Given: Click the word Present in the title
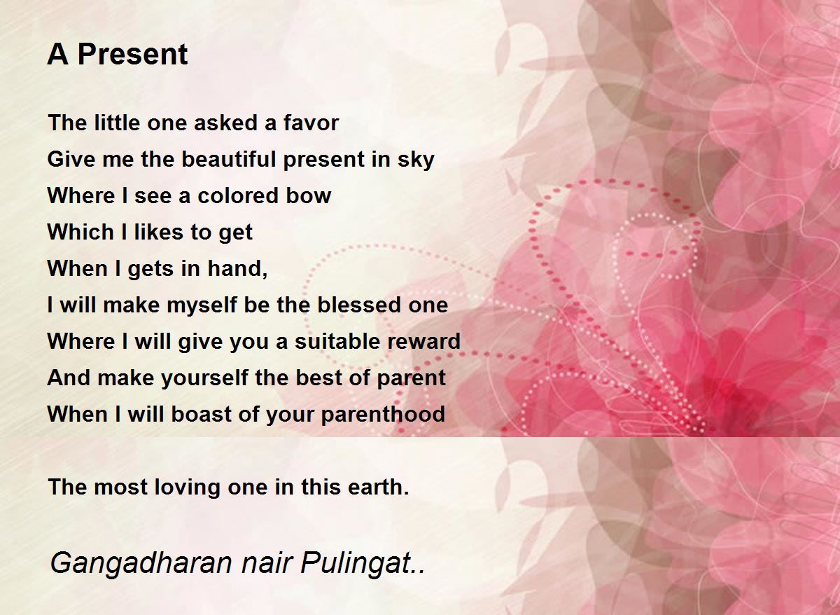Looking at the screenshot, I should point(132,55).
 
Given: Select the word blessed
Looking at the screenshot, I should point(361,305).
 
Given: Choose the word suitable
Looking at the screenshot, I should point(337,341).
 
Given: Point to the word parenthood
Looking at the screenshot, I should point(383,414).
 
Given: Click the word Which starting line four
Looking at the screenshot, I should point(80,232).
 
